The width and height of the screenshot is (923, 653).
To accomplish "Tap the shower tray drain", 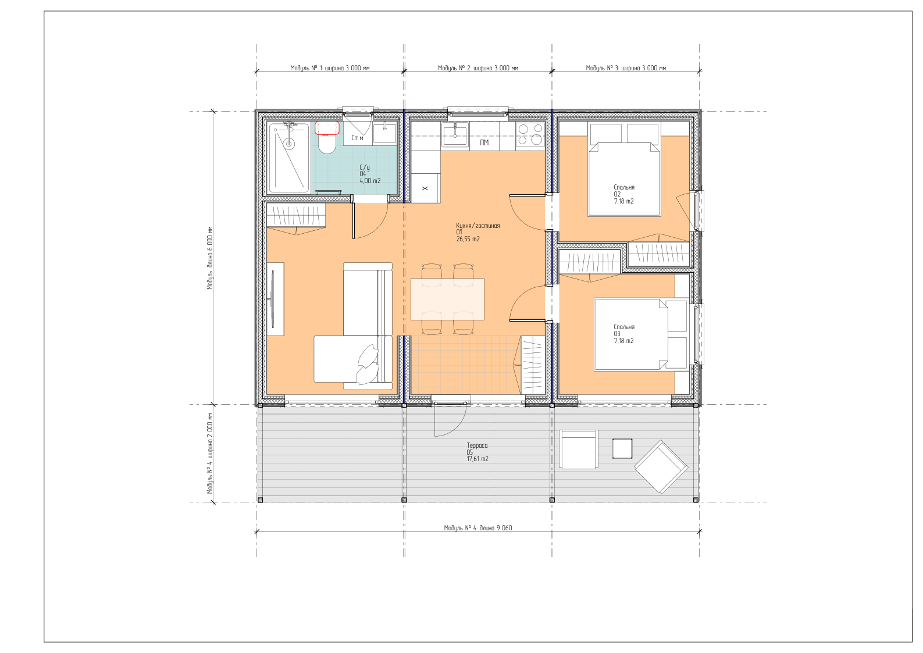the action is (289, 144).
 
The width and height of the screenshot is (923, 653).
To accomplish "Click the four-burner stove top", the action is (530, 134).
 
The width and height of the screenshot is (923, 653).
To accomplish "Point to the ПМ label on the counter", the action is (484, 142).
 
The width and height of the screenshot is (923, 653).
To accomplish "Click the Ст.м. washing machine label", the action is (358, 138).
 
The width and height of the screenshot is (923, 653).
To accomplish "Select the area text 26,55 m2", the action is (468, 239).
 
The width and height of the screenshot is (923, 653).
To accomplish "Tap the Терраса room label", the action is (477, 445).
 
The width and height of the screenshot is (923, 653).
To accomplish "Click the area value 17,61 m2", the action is (477, 459).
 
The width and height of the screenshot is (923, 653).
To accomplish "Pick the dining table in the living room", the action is (447, 299).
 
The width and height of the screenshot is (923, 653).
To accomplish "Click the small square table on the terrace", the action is (622, 449).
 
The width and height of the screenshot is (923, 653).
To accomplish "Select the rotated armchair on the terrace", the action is (661, 467).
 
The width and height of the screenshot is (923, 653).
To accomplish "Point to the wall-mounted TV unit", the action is (275, 299).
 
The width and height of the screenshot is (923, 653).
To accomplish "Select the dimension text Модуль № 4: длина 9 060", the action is (478, 528).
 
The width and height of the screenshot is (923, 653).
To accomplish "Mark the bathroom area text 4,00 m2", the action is (370, 181).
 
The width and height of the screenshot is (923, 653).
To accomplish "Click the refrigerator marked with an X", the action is (426, 188).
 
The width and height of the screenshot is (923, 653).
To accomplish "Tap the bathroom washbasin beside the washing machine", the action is (385, 132).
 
